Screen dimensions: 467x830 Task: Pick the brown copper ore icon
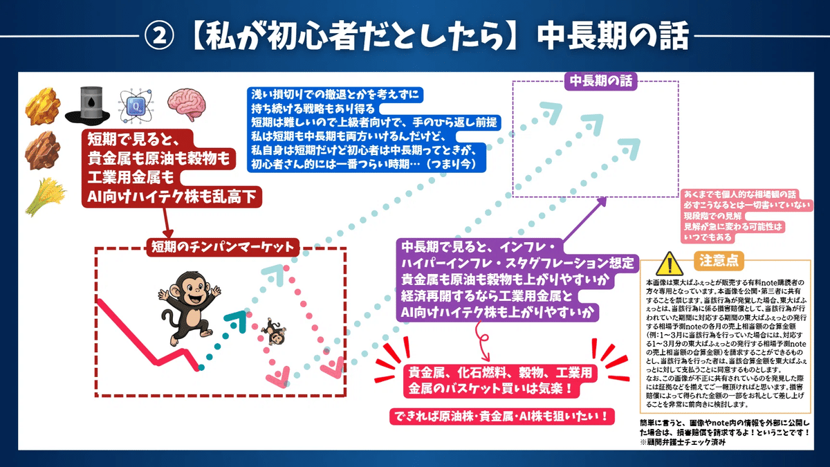pos(42,150)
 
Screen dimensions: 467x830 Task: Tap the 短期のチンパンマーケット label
pos(221,246)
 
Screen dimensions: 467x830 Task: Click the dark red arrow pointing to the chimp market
pos(167,221)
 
